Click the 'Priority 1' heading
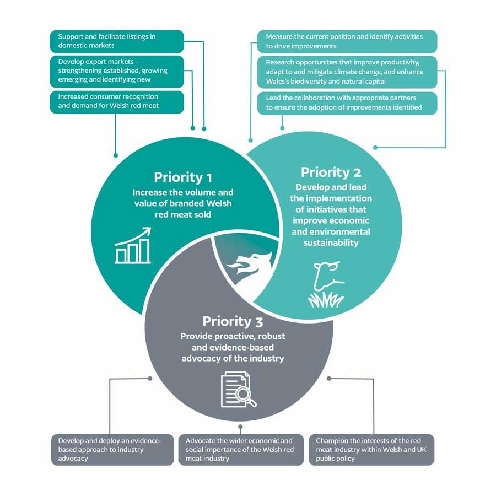[x=183, y=177]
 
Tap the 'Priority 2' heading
[x=331, y=172]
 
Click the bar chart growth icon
[x=133, y=246]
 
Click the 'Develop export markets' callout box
[x=117, y=71]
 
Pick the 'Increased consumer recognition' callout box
[x=117, y=101]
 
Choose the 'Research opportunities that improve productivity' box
[x=347, y=72]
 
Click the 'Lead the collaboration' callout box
[x=347, y=103]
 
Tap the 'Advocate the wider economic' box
[x=241, y=450]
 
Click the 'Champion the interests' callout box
[x=371, y=450]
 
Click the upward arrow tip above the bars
[x=149, y=229]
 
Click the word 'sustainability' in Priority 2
[x=331, y=242]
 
